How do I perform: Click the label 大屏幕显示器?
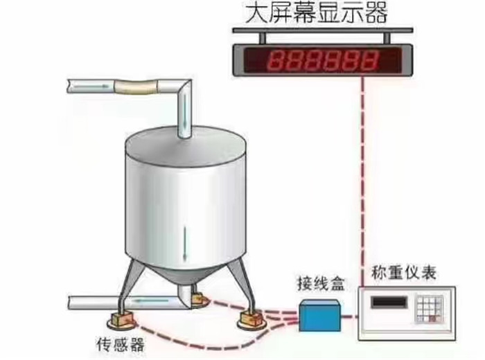tap(316, 13)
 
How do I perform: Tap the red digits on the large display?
tap(324, 60)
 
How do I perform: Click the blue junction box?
tap(320, 316)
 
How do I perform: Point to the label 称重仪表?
tap(404, 272)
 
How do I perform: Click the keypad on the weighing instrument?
tap(430, 309)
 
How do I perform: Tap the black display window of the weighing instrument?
tap(389, 303)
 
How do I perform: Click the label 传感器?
tap(121, 344)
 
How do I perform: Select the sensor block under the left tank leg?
tap(122, 318)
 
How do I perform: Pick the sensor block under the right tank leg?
tap(252, 318)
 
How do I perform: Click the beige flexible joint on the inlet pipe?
tap(136, 87)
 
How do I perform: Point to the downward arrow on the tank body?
tap(185, 242)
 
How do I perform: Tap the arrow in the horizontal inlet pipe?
tap(92, 87)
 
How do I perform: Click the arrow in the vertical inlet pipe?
tap(185, 111)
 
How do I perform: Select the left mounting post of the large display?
tap(263, 37)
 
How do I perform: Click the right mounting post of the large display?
tap(387, 37)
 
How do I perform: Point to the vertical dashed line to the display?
tap(363, 181)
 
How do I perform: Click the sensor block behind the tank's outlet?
tap(198, 298)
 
